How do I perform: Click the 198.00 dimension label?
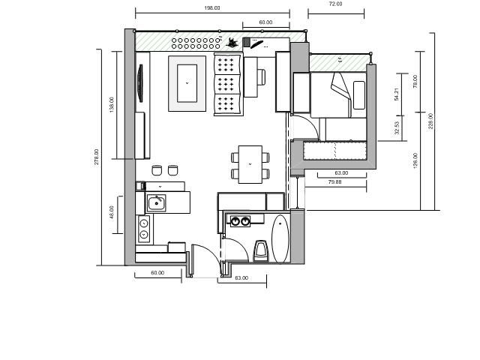pos(212,8)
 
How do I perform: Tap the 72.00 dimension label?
pos(335,4)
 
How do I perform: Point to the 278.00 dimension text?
pos(97,157)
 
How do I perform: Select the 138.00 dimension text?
pos(112,105)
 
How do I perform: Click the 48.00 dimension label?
pos(112,212)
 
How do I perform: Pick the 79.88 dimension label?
pos(335,181)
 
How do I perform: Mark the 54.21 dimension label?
pos(397,94)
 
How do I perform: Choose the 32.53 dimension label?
pos(397,127)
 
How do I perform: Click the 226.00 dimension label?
pos(431,121)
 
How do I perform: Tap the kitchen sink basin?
pos(157,203)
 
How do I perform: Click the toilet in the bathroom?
pos(261,250)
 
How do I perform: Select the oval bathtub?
pos(280,239)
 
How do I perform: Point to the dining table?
pos(250,164)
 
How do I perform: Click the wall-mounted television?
pos(140,83)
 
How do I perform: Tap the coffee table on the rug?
pos(187,83)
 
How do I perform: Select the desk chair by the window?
pos(261,77)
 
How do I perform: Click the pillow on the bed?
pos(359,95)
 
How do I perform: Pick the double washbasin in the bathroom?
pos(240,221)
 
